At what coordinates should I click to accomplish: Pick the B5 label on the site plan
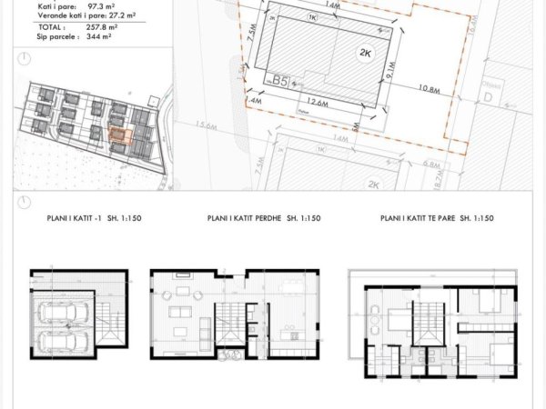point(280,81)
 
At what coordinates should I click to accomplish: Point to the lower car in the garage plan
point(65,343)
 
